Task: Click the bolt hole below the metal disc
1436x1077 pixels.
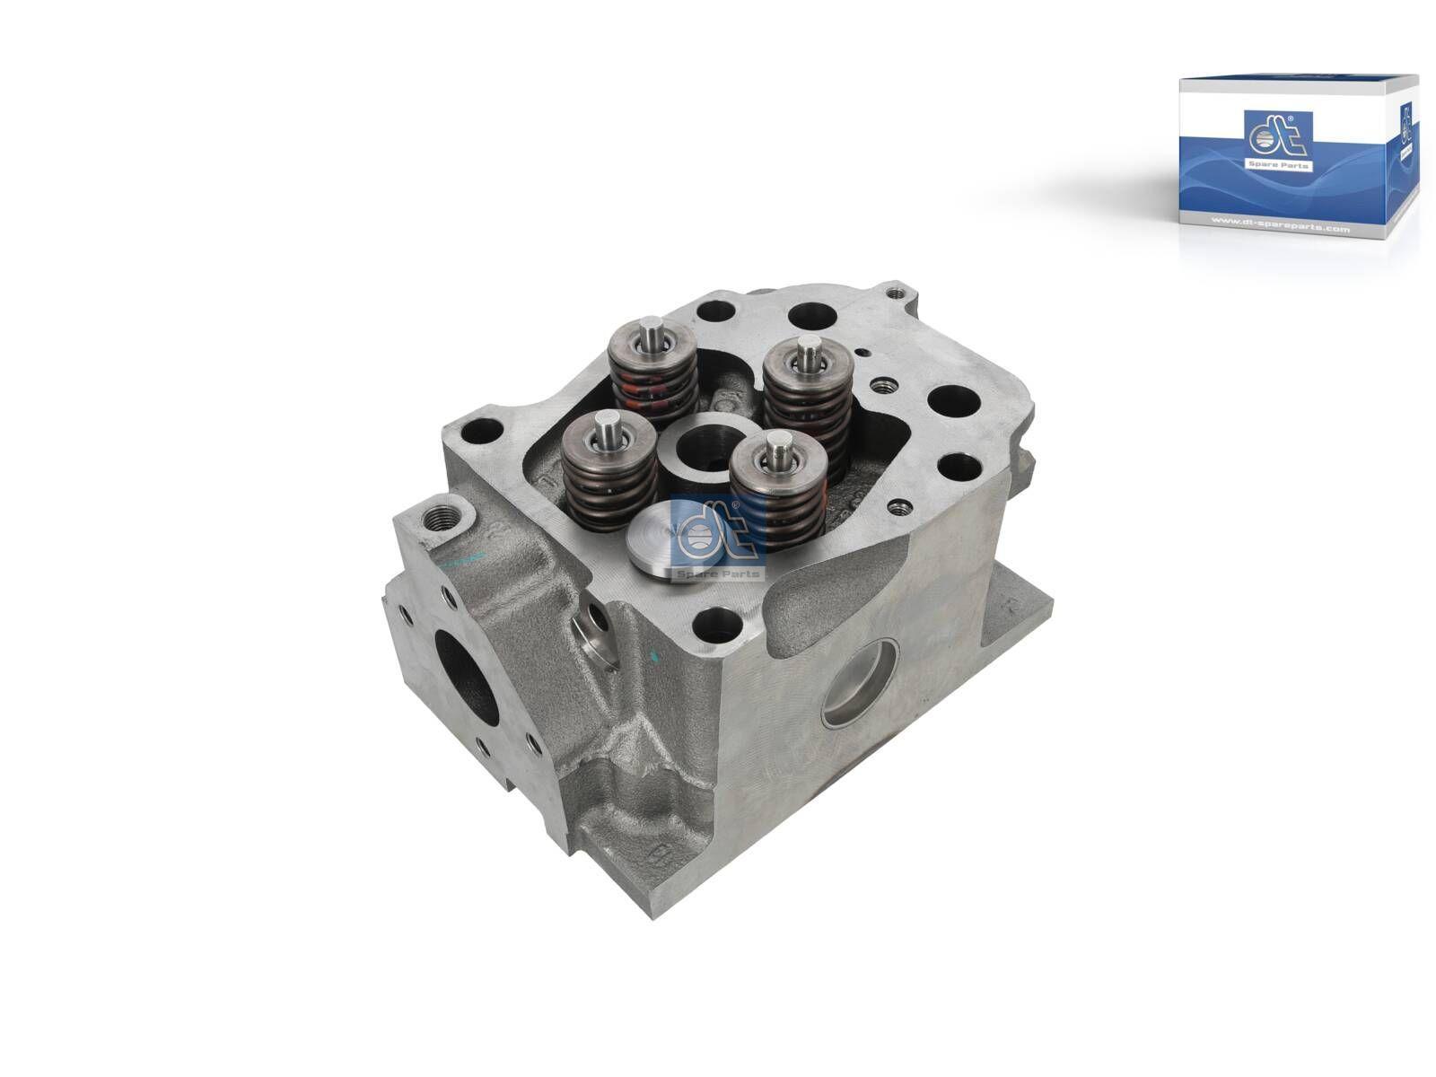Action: point(714,618)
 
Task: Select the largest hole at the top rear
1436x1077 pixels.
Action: point(812,316)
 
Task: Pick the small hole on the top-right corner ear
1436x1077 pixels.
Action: point(893,291)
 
